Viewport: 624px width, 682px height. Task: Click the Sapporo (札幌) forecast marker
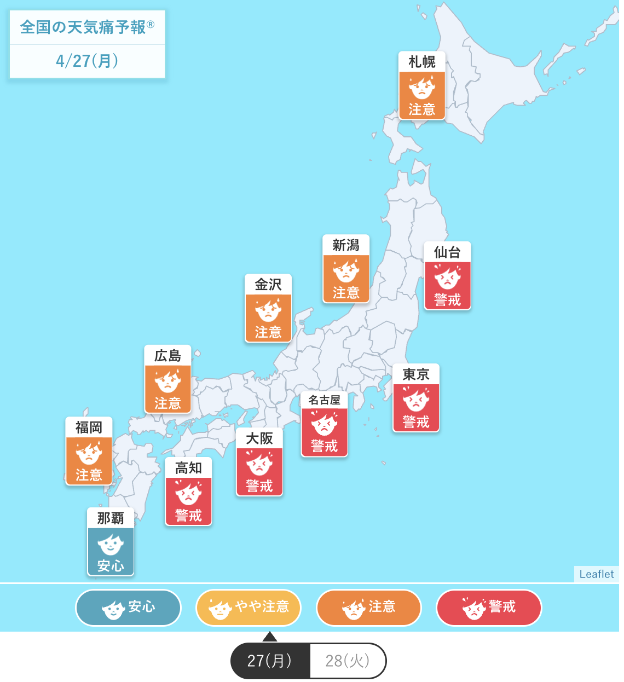[x=421, y=86]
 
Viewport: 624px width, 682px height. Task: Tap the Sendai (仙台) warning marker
[x=447, y=276]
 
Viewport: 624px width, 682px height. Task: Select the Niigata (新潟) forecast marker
[x=346, y=269]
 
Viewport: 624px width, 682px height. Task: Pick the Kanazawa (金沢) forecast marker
[x=268, y=308]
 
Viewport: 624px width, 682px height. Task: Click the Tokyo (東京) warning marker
[x=416, y=398]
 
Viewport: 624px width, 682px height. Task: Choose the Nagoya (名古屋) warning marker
[x=324, y=424]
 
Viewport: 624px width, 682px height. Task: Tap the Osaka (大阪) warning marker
[x=259, y=462]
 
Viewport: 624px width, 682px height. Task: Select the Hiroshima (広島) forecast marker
[x=167, y=379]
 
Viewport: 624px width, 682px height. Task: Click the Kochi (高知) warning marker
[x=188, y=492]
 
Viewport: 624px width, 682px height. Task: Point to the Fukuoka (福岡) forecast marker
[x=89, y=451]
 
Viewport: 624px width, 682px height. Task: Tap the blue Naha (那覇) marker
[x=111, y=542]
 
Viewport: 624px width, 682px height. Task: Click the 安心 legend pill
[x=128, y=608]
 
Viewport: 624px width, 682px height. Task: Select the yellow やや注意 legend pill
[x=249, y=608]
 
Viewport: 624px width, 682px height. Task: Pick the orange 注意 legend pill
[x=368, y=608]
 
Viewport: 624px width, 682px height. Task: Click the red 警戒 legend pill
[x=489, y=608]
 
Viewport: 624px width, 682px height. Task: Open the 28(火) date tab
[x=348, y=661]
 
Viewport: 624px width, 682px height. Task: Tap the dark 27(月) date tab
[x=270, y=661]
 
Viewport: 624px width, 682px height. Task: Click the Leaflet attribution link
[x=597, y=574]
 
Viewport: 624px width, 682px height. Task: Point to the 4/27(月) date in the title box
[x=87, y=61]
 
